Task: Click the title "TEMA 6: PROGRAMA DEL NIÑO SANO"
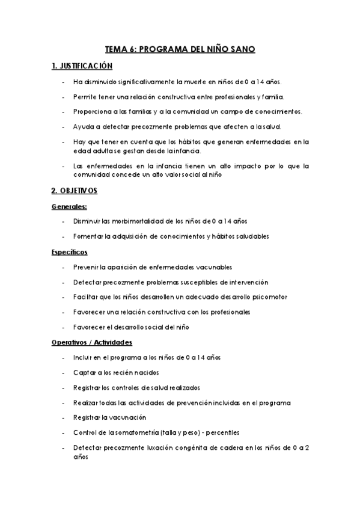pyautogui.click(x=180, y=50)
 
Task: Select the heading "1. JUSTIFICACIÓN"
pyautogui.click(x=81, y=66)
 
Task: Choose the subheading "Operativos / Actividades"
pyautogui.click(x=92, y=342)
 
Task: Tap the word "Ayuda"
pyautogui.click(x=82, y=127)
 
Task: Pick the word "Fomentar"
pyautogui.click(x=87, y=236)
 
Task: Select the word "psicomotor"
pyautogui.click(x=268, y=297)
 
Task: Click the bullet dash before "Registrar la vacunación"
pyautogui.click(x=64, y=417)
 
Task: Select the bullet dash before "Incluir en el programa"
pyautogui.click(x=64, y=357)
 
